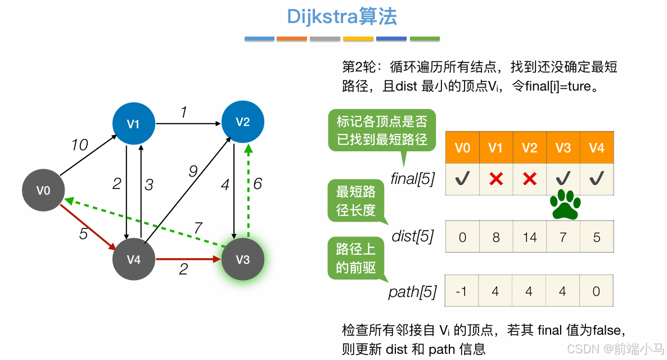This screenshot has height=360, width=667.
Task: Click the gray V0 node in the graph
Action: [43, 191]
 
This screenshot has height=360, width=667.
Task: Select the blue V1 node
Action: [133, 124]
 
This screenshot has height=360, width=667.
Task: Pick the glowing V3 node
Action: [242, 259]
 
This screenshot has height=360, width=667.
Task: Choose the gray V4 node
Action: [133, 259]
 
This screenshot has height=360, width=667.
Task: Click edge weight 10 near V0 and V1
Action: [80, 145]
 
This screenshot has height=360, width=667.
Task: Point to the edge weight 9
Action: [193, 172]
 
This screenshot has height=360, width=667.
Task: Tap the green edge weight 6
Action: [258, 183]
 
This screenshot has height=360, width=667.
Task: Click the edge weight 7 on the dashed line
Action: [197, 228]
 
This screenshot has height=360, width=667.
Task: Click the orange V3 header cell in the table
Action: [563, 148]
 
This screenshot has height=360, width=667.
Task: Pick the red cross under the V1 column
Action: [495, 179]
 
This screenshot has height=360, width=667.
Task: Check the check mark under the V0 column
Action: [462, 179]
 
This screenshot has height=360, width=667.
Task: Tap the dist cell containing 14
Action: [530, 237]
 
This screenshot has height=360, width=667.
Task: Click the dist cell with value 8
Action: [496, 237]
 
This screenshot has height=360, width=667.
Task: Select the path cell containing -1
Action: [462, 291]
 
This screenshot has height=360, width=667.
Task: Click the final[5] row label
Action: [413, 180]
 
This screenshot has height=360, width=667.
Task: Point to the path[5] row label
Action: [412, 292]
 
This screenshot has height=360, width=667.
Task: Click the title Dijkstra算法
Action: [342, 16]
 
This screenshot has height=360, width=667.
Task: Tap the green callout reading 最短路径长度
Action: [355, 201]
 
